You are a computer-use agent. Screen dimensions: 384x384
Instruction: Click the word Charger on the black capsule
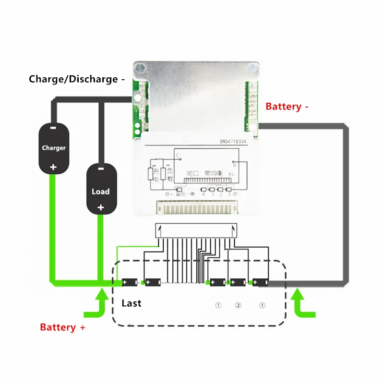pos(53,148)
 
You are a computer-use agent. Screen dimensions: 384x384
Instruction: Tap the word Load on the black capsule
pos(101,192)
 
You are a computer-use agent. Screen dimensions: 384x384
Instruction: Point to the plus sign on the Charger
pos(53,167)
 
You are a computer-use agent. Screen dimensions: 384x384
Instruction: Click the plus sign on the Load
pos(101,208)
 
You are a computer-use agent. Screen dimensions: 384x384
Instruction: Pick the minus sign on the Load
pos(101,169)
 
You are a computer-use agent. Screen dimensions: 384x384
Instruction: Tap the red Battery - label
pos(287,107)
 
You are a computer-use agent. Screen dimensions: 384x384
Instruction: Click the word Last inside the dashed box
pos(132,303)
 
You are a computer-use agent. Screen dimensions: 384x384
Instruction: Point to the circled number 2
pos(238,305)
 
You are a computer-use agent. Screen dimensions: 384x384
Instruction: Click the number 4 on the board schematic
pos(204,194)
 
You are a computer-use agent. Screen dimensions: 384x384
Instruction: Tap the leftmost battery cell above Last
pos(130,282)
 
